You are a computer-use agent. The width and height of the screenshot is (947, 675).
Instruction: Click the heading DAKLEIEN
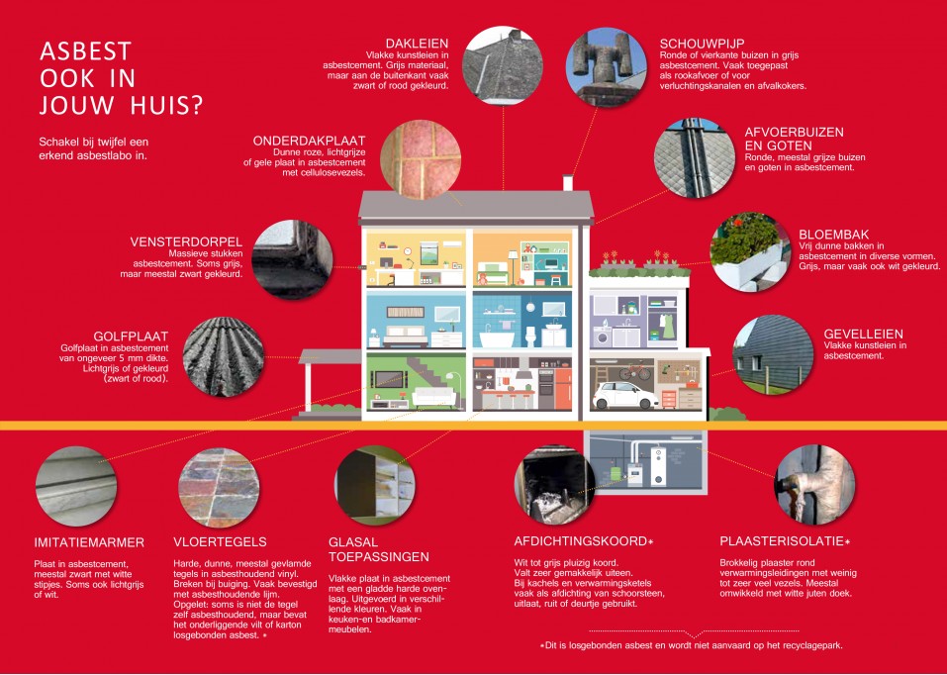[417, 44]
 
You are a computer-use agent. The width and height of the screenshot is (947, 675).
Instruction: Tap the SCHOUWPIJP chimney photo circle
[606, 67]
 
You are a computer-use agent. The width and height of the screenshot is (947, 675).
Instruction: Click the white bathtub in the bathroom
[497, 337]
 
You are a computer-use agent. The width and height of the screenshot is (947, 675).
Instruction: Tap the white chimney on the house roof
[568, 182]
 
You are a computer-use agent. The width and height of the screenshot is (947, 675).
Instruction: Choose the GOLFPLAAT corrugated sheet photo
[224, 357]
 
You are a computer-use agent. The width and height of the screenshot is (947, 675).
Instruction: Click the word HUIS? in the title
[166, 105]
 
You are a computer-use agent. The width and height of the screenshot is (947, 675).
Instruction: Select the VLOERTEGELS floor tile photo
[219, 488]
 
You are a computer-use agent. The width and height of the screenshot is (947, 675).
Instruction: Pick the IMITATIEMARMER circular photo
[76, 487]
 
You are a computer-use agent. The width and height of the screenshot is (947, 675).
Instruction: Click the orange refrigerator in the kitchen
[563, 389]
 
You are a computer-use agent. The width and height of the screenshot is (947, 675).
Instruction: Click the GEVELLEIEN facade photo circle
[773, 354]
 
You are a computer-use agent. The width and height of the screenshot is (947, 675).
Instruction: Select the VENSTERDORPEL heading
[186, 242]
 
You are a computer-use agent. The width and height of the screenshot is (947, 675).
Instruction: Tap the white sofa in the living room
[434, 398]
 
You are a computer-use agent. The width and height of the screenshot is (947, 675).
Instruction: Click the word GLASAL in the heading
[353, 542]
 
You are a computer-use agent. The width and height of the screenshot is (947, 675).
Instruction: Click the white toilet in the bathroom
[530, 336]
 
